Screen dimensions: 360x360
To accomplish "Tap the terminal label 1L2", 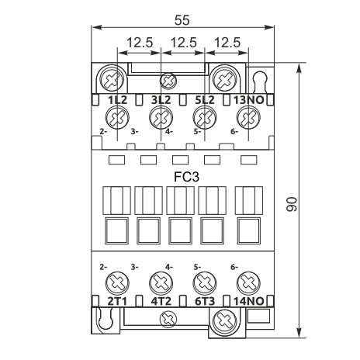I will [117, 100].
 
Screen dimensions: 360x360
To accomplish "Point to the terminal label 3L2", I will [161, 100].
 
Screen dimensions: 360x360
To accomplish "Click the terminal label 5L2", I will [203, 100].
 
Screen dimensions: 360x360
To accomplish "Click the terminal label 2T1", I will [117, 299].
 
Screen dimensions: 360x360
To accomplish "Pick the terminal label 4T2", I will [161, 299].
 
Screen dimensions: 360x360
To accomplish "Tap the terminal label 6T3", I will [203, 299].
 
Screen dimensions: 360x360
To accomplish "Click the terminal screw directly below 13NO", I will [247, 119].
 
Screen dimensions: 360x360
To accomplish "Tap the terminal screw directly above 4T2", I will [161, 281].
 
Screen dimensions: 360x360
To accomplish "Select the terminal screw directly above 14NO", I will [247, 281].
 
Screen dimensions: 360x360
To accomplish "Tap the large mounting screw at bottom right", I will [225, 318].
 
